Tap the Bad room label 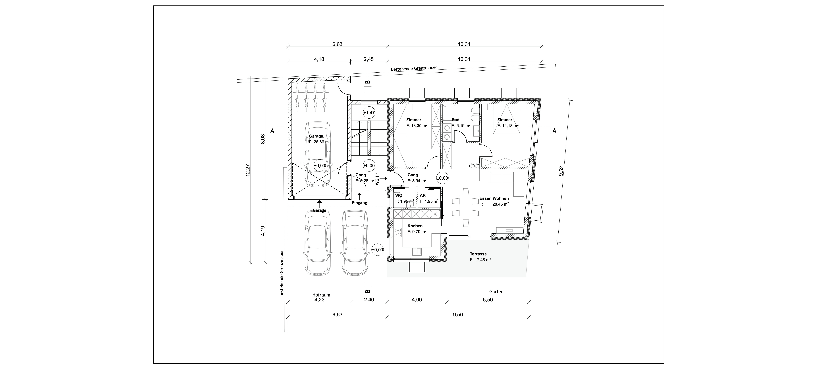[x=455, y=120]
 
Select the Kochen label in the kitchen [x=415, y=226]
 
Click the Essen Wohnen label [x=494, y=198]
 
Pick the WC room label [x=398, y=195]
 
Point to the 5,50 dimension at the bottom [x=488, y=300]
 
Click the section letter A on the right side [x=554, y=130]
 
